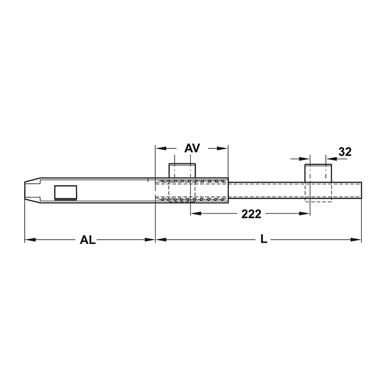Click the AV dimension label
(x=192, y=148)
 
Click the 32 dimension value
(x=345, y=152)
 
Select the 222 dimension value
(x=251, y=214)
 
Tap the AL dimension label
(x=88, y=240)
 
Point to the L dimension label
(x=264, y=239)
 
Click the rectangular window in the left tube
(x=65, y=192)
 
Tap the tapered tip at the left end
(x=32, y=190)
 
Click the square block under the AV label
(x=182, y=171)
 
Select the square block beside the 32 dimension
(x=318, y=173)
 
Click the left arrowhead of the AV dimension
(x=161, y=148)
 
